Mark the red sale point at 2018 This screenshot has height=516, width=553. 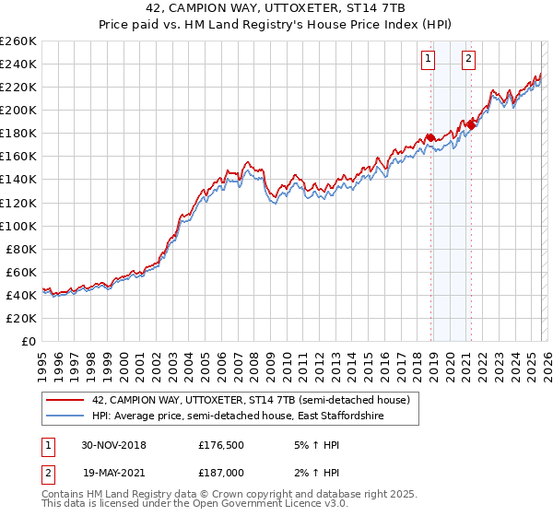pyautogui.click(x=430, y=137)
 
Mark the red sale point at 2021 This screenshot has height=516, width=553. pyautogui.click(x=471, y=123)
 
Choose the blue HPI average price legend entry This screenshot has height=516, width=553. pyautogui.click(x=229, y=416)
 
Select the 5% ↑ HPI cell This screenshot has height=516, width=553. pyautogui.click(x=315, y=444)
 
